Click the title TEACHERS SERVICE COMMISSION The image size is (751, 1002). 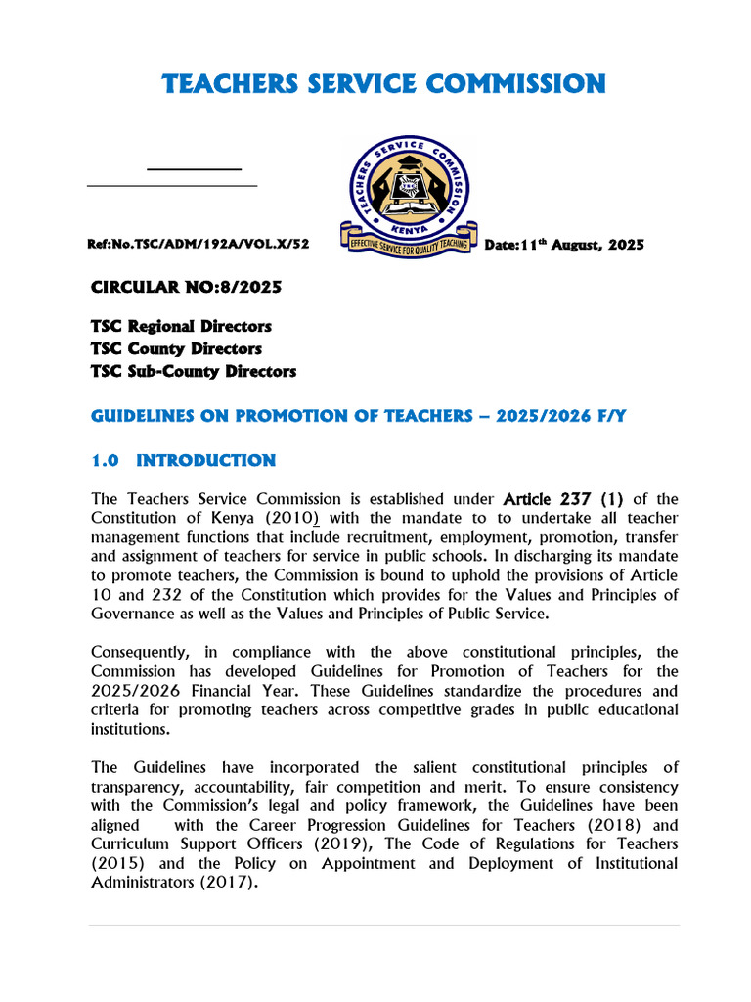click(384, 84)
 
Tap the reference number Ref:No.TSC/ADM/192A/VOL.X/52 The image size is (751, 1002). click(199, 245)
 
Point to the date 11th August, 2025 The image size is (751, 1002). click(564, 245)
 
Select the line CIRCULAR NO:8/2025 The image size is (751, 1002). click(186, 288)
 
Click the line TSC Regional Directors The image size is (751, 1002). click(181, 326)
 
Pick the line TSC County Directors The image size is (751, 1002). click(176, 348)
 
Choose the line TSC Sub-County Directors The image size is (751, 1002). click(194, 371)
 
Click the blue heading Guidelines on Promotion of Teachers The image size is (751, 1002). click(358, 416)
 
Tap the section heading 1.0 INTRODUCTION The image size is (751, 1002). click(184, 460)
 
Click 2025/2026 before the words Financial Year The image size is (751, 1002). click(133, 691)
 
